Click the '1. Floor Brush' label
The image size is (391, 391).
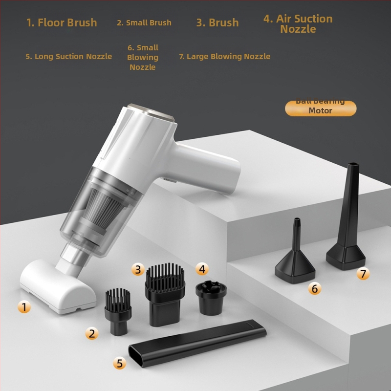(x=62, y=22)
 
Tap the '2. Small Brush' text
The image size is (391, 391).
(x=144, y=22)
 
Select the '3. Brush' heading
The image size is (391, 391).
(x=217, y=22)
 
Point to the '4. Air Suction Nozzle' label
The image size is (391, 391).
(x=298, y=24)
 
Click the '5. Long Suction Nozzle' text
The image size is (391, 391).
(x=69, y=56)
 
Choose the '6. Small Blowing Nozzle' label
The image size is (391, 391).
(x=143, y=57)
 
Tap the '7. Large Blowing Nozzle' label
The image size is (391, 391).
(x=224, y=56)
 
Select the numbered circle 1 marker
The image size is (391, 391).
(x=24, y=307)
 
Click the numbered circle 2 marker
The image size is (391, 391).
(x=92, y=334)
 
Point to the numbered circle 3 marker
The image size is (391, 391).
(x=138, y=269)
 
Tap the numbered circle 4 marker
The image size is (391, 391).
(x=202, y=269)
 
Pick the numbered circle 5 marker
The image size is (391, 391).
(x=120, y=363)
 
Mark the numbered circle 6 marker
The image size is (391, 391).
(x=314, y=289)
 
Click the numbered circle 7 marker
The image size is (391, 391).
(x=363, y=273)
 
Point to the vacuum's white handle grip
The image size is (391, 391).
(x=210, y=169)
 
